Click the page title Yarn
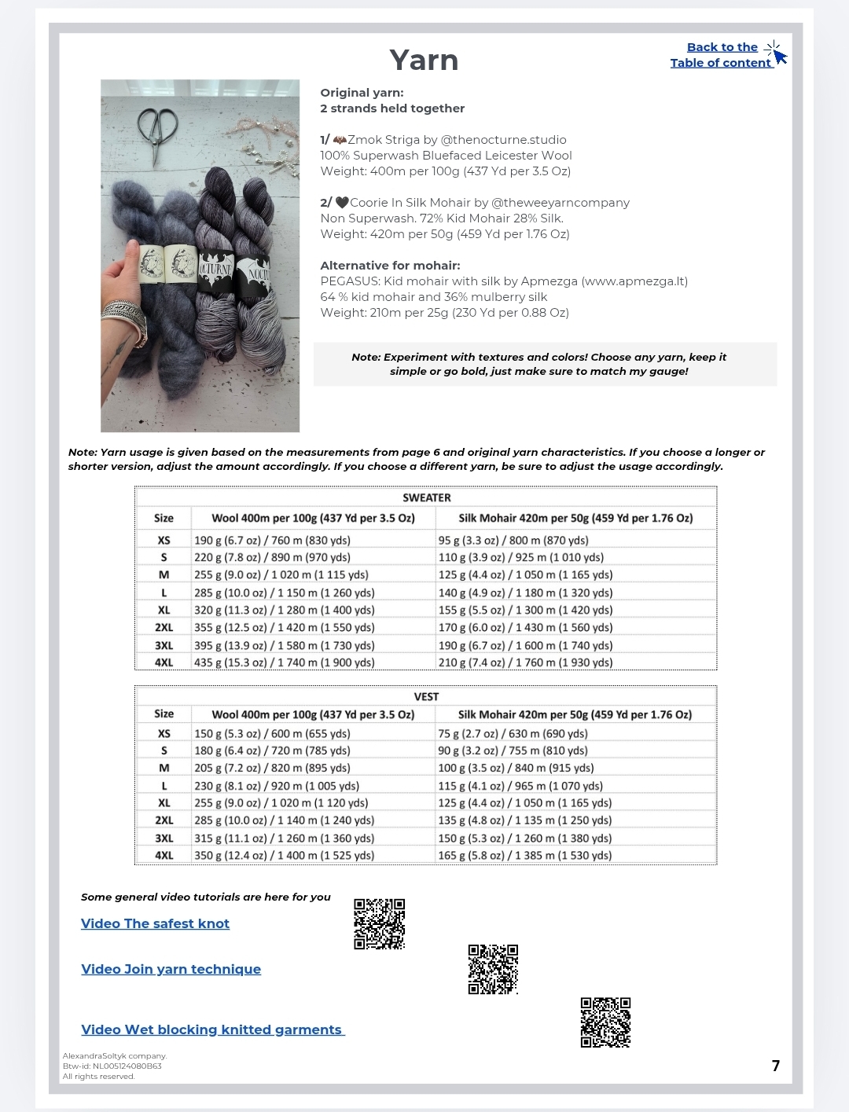424,61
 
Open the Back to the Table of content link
721,55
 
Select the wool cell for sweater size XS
272,540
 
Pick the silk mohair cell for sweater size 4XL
525,662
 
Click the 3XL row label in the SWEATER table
164,645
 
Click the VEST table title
426,696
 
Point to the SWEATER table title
426,497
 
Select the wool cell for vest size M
272,768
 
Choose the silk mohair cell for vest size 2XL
524,820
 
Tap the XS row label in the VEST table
164,733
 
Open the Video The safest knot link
155,923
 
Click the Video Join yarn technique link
171,969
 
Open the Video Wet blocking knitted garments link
211,1029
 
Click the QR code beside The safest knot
379,923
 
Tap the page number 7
776,1066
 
